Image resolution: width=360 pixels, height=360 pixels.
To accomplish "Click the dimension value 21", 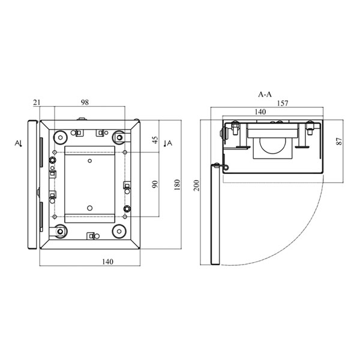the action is pyautogui.click(x=37, y=103).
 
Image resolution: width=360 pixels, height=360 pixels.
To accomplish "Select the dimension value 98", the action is pyautogui.click(x=85, y=103).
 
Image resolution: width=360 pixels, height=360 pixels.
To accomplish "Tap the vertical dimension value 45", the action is pyautogui.click(x=155, y=140).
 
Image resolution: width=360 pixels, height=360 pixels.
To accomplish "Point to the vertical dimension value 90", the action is pyautogui.click(x=155, y=184).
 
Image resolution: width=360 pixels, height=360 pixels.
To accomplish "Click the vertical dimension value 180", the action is pyautogui.click(x=177, y=185).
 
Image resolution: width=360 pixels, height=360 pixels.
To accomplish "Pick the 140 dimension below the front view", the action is pyautogui.click(x=107, y=262).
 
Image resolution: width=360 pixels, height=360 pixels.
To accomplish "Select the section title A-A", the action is pyautogui.click(x=265, y=94).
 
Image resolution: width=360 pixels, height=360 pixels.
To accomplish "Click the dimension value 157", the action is pyautogui.click(x=283, y=103).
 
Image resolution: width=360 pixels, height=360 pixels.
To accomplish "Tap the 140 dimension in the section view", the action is pyautogui.click(x=260, y=112).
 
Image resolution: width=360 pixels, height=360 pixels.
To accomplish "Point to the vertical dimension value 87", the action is pyautogui.click(x=339, y=141).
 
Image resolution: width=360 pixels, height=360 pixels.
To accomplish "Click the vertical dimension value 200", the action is pyautogui.click(x=197, y=185).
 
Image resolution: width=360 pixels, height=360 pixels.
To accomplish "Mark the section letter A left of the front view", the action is pyautogui.click(x=17, y=143).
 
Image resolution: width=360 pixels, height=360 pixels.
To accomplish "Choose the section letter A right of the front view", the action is pyautogui.click(x=169, y=143).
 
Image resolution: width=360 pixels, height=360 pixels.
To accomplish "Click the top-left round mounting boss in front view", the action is pyautogui.click(x=61, y=137).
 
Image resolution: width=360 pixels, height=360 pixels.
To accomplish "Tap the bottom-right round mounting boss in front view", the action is pyautogui.click(x=119, y=232).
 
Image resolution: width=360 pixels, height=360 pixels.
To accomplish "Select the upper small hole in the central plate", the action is pyautogui.click(x=90, y=161).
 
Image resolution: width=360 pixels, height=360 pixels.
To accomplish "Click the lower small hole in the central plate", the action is pyautogui.click(x=90, y=208).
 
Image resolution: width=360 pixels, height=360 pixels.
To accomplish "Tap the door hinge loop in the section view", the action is pyautogui.click(x=226, y=168).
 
